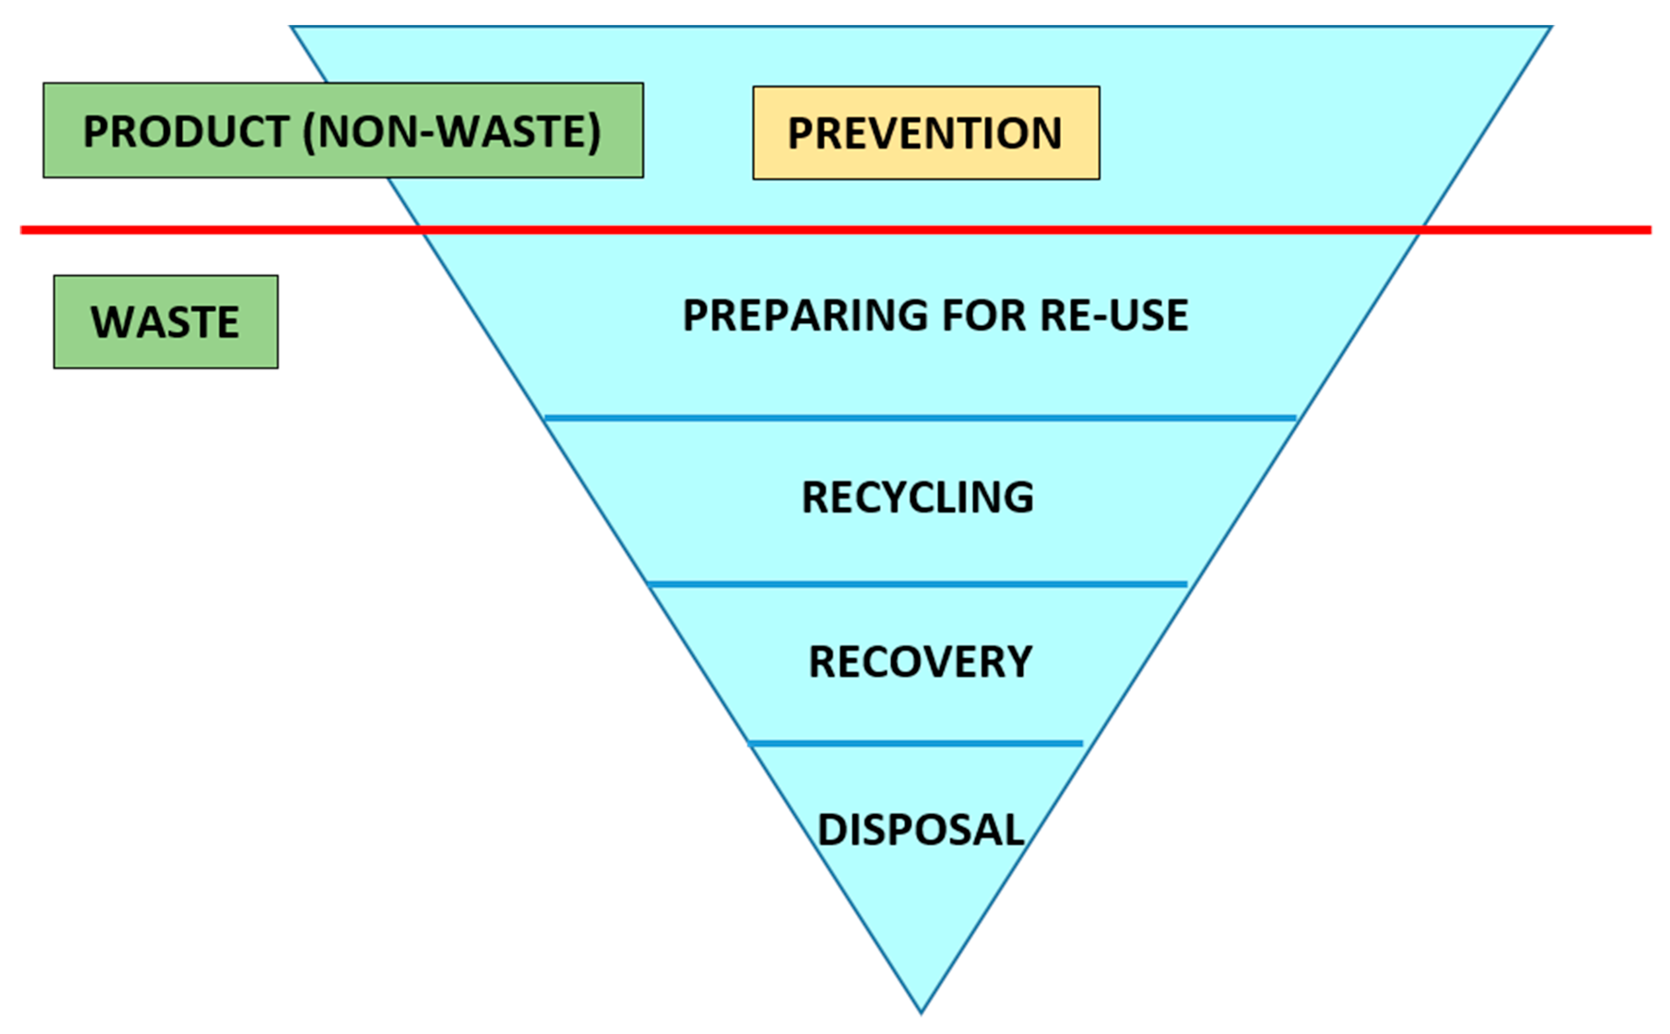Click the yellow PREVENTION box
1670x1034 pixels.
click(x=926, y=133)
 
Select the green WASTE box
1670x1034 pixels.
click(x=166, y=321)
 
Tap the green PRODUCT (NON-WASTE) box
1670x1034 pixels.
click(x=343, y=130)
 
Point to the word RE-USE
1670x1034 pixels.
click(x=1114, y=315)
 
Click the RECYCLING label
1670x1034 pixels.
click(x=917, y=497)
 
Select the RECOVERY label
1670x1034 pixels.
click(x=920, y=662)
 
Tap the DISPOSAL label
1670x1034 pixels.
click(x=920, y=830)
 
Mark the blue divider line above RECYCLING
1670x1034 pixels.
click(x=920, y=417)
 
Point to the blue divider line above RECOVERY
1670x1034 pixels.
click(x=917, y=584)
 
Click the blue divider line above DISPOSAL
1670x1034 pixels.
click(x=916, y=744)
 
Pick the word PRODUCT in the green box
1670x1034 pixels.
click(x=185, y=131)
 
